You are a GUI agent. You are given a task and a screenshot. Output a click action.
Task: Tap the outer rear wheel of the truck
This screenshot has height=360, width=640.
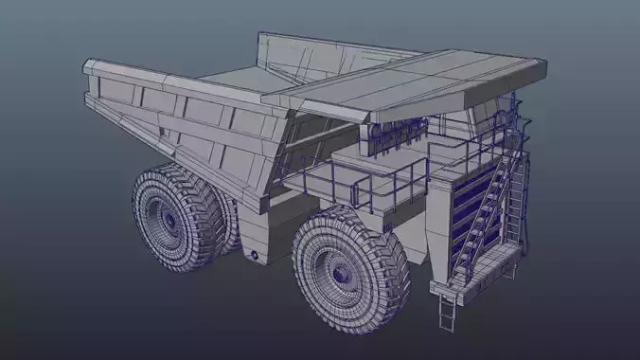tap(175, 218)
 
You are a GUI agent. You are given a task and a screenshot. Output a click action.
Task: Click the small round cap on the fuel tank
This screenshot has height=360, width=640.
tap(253, 257)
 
